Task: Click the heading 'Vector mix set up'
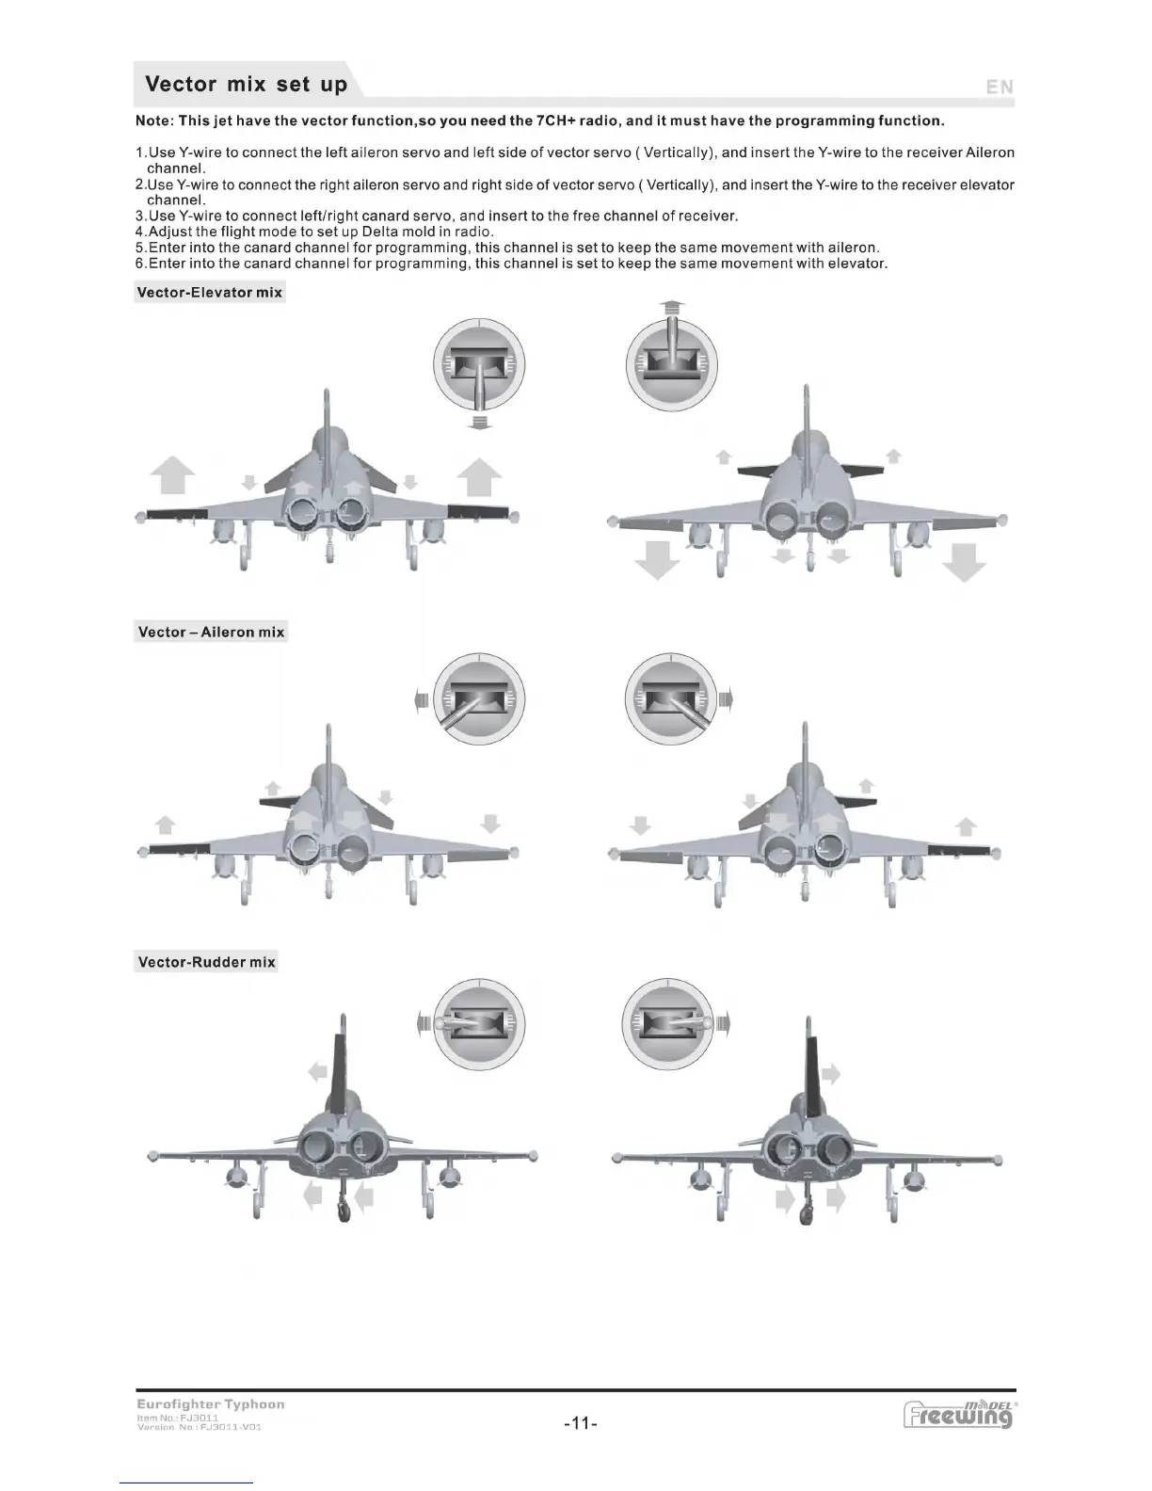pos(247,84)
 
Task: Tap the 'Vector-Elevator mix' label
pos(209,292)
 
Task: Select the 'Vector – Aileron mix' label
pos(211,632)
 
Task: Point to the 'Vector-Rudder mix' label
pos(206,961)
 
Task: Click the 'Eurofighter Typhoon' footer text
pos(210,1403)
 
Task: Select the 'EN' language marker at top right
pos(1000,87)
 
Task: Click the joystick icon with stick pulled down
pos(479,366)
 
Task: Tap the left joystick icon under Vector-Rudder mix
pos(479,1023)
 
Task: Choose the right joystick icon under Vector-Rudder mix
pos(667,1023)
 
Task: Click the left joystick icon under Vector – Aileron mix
pos(479,699)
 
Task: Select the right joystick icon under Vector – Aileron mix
pos(670,699)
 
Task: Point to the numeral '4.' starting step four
pos(141,232)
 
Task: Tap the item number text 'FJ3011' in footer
pos(199,1417)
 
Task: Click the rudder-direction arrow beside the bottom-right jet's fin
pos(831,1074)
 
